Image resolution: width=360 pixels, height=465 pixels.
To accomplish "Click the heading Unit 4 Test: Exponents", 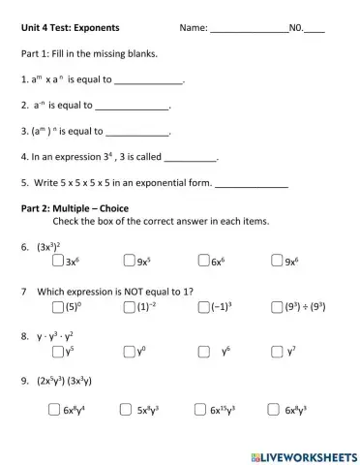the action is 77,29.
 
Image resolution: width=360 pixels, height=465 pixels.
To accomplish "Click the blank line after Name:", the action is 249,32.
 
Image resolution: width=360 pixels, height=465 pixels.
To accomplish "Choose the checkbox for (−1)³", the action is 202,306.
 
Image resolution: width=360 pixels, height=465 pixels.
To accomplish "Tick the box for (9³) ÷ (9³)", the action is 278,306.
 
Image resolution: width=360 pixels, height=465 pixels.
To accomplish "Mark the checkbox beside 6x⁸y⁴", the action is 53,409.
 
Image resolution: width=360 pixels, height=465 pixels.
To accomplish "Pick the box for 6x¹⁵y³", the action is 199,409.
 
